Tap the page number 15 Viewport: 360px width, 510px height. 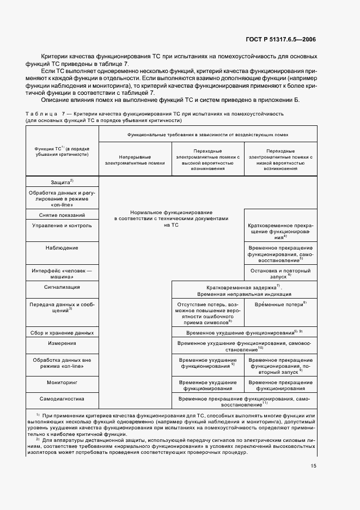click(314, 466)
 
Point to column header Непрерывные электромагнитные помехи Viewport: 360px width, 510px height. click(135, 159)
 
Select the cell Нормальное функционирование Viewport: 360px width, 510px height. click(171, 218)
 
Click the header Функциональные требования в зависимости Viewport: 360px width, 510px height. click(207, 133)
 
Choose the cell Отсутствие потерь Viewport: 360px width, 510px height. click(207, 313)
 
